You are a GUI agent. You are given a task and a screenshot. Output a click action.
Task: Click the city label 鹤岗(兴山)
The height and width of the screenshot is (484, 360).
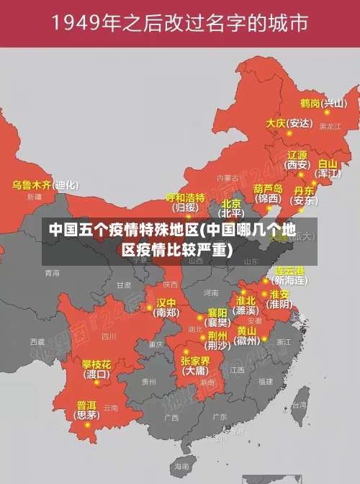(x=323, y=103)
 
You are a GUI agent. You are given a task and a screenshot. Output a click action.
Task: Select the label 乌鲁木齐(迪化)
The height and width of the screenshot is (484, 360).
(x=45, y=185)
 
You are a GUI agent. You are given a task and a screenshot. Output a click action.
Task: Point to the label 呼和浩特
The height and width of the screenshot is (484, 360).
(x=185, y=197)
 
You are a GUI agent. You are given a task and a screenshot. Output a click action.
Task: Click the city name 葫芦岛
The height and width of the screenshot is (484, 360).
(x=268, y=188)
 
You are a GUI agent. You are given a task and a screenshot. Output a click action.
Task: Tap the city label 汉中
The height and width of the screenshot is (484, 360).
(x=166, y=302)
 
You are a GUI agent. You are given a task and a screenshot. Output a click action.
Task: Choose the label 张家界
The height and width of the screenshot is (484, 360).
(x=195, y=361)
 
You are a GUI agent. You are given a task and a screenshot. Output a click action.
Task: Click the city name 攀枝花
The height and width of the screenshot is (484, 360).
(x=96, y=364)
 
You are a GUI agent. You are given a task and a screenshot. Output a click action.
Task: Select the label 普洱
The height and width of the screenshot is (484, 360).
(x=86, y=405)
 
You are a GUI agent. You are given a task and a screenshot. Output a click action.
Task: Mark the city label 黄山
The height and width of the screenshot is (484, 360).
(x=246, y=331)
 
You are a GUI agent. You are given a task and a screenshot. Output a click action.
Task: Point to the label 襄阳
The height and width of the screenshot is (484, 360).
(x=217, y=313)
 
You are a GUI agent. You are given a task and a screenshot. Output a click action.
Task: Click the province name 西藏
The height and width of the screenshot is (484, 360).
(x=37, y=341)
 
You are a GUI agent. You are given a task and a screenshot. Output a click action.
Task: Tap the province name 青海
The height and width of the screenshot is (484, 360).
(x=52, y=273)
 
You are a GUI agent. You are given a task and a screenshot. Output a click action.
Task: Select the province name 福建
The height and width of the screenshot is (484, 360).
(x=266, y=381)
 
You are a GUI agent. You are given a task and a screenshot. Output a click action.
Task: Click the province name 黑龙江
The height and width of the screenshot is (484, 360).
(x=330, y=126)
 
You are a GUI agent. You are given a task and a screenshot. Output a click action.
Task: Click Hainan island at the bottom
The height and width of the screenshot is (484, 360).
(x=185, y=466)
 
